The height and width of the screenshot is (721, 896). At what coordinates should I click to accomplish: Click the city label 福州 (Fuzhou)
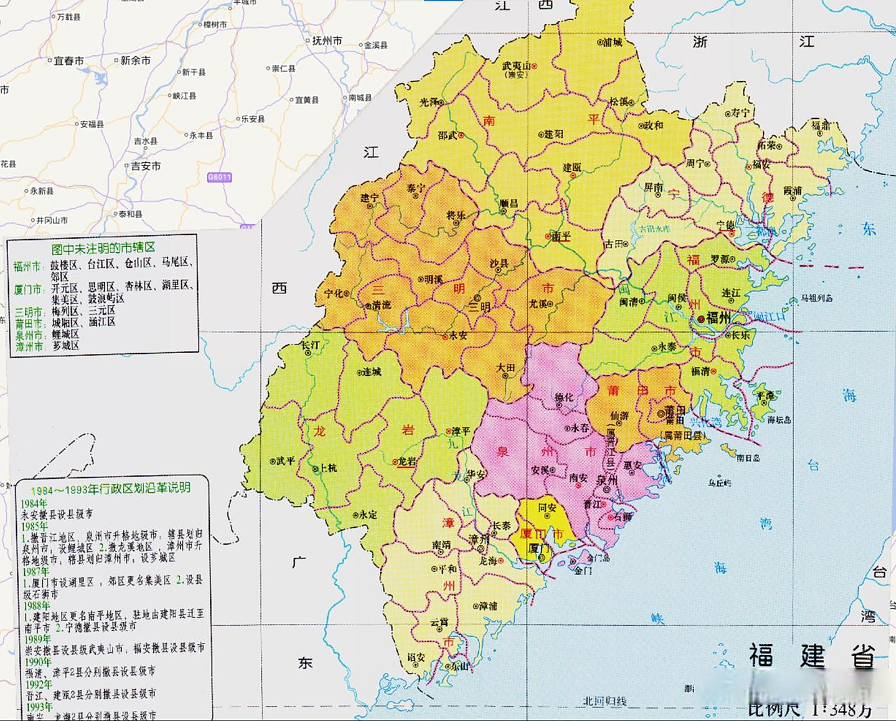(x=719, y=318)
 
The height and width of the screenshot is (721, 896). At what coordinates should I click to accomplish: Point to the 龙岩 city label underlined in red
(x=407, y=461)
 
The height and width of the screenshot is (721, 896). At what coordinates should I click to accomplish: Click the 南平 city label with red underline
(x=561, y=237)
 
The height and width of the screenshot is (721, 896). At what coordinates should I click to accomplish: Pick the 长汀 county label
(x=310, y=344)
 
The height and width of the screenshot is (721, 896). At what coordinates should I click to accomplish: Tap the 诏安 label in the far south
(x=416, y=657)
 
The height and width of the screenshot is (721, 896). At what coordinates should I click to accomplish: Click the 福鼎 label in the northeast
(x=821, y=125)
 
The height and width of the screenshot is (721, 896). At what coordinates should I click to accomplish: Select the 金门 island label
(x=583, y=570)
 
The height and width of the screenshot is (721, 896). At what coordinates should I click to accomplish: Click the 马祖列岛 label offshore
(x=817, y=298)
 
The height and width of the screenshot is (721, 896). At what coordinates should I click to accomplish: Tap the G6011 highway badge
(x=219, y=177)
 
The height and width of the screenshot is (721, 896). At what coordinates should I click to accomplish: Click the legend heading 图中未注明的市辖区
(x=103, y=248)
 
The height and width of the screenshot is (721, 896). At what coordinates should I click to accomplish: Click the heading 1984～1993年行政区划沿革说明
(x=110, y=488)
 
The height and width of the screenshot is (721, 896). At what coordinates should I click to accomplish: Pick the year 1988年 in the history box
(x=37, y=606)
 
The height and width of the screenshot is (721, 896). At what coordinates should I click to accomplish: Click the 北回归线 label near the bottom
(x=604, y=701)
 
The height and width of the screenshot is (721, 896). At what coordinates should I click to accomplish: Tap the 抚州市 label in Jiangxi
(x=327, y=41)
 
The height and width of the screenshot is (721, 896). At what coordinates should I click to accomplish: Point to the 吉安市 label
(x=146, y=166)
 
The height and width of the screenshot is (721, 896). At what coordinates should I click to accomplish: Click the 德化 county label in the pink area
(x=564, y=398)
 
